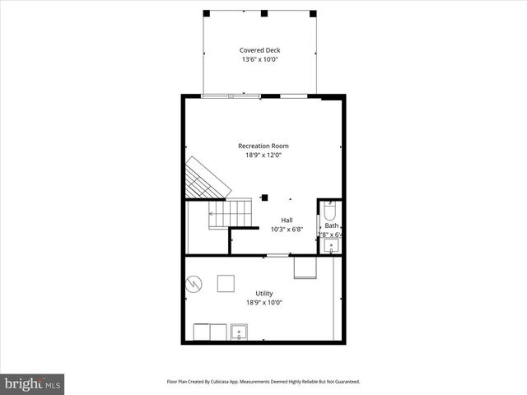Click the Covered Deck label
click(x=259, y=50)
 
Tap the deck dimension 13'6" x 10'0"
click(x=259, y=59)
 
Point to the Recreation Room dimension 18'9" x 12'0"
click(x=263, y=155)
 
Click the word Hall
click(x=287, y=220)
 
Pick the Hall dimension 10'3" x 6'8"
click(x=287, y=229)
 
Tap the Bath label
click(x=331, y=225)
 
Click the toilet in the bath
click(x=330, y=210)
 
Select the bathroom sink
click(x=331, y=245)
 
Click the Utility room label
click(x=263, y=293)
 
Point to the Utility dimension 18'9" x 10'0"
click(x=263, y=302)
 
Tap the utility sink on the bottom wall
click(x=240, y=332)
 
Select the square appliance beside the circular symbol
click(x=226, y=283)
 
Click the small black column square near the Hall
click(x=265, y=197)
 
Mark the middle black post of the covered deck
click(x=264, y=13)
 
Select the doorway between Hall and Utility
click(x=278, y=255)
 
